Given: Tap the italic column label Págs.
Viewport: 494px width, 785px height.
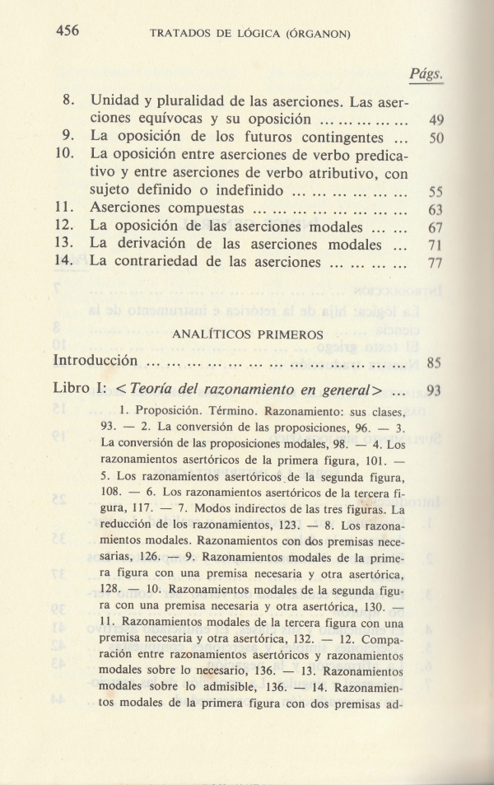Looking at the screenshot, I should click(426, 75).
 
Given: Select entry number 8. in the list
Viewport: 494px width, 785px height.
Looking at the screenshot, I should click(70, 105).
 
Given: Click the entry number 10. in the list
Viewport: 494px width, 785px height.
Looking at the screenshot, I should click(67, 154).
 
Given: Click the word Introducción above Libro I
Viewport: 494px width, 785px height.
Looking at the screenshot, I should click(94, 361).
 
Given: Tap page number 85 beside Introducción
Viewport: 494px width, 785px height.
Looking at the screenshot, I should click(435, 362).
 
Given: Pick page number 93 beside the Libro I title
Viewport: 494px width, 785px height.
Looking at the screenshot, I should click(435, 390).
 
